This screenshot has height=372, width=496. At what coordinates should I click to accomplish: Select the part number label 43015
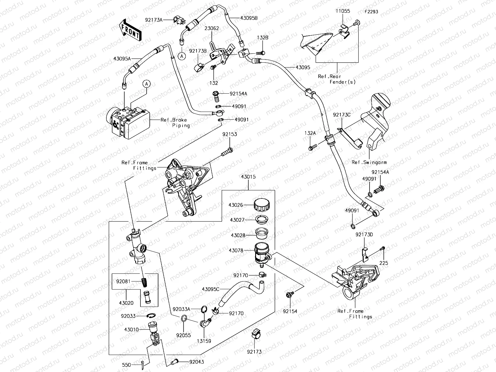click(248, 177)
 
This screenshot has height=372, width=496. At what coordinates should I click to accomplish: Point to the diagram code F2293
click(371, 12)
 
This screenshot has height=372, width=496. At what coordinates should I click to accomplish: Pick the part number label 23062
click(211, 28)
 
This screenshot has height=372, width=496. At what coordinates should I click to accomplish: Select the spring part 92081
click(144, 282)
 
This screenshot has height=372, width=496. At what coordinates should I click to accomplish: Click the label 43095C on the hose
click(210, 289)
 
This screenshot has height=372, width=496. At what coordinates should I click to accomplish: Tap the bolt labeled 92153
click(227, 152)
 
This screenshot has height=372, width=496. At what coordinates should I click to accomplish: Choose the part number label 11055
click(343, 11)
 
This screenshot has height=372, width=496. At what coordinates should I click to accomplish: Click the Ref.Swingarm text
click(369, 162)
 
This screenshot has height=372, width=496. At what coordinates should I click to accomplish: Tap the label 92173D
click(364, 235)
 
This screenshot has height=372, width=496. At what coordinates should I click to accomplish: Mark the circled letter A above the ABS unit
click(147, 84)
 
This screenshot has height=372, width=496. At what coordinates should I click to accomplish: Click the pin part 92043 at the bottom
click(176, 361)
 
